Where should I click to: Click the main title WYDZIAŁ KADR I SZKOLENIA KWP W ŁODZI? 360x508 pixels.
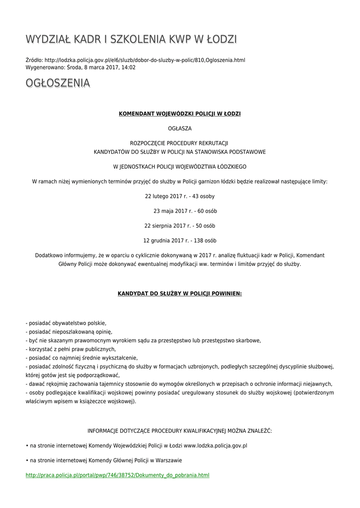[131, 39]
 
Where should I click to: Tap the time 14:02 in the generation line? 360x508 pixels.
[129, 67]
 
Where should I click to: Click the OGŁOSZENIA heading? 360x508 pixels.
[58, 83]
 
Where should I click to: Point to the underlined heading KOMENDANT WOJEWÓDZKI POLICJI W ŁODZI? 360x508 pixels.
[180, 114]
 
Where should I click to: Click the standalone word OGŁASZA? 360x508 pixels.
[180, 128]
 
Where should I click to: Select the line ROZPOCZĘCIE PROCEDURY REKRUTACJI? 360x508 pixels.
[180, 143]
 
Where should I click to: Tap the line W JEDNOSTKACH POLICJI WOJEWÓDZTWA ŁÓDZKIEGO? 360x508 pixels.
[180, 167]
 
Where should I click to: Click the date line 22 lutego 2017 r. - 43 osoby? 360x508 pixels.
[180, 196]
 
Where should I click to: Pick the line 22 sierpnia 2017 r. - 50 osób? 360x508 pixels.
[180, 226]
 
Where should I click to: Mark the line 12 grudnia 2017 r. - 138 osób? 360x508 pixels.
[180, 241]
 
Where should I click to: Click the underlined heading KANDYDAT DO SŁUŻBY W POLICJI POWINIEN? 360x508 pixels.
[180, 293]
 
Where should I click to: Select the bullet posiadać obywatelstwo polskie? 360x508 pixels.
[67, 323]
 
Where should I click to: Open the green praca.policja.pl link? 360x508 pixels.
[117, 475]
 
